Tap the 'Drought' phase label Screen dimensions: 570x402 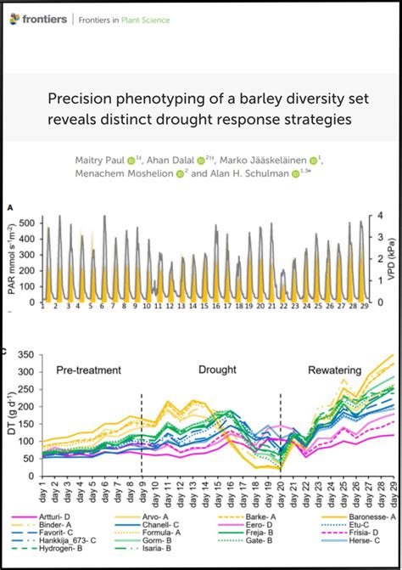click(217, 370)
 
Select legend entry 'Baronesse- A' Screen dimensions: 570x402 click(360, 514)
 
